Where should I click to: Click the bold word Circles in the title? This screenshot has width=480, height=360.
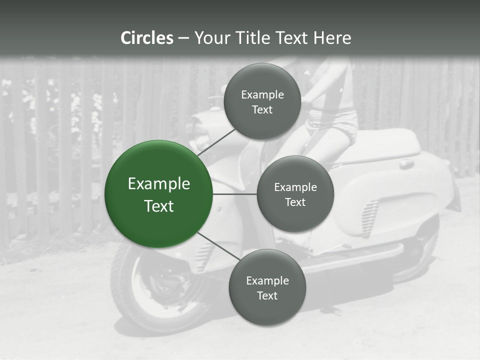tap(147, 38)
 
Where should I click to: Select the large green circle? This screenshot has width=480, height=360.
tap(158, 194)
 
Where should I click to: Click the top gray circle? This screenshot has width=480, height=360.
tap(262, 101)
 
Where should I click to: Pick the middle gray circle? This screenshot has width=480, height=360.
tap(295, 194)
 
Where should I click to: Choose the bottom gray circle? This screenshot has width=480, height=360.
tap(267, 287)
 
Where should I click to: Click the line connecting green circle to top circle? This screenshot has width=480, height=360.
tap(217, 141)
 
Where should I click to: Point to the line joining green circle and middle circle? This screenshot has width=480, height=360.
tap(234, 194)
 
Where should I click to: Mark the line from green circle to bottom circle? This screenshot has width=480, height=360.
tap(219, 247)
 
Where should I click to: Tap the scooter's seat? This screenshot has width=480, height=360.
tap(385, 145)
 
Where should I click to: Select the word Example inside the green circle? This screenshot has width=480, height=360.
tap(158, 184)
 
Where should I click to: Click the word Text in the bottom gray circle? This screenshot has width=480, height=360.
tap(267, 295)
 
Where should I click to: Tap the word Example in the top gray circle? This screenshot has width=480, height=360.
tap(262, 94)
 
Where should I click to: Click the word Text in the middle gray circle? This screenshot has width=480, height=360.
tap(295, 202)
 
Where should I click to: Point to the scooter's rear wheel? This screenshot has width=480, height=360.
tap(425, 255)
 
